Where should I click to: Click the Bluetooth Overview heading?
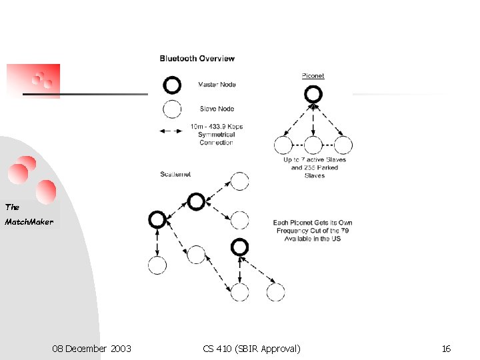[197, 59]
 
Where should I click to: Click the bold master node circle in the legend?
[172, 85]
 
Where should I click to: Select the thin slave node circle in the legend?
[172, 109]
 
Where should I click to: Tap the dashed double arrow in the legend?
[172, 131]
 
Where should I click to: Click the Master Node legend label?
[217, 85]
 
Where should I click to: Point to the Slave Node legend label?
[217, 109]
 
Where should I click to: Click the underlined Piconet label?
[313, 76]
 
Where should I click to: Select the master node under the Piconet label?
[313, 94]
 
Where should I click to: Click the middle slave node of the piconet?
[313, 145]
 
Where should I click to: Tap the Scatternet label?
[175, 174]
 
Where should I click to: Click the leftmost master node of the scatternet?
[157, 219]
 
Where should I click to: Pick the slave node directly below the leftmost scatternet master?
[157, 265]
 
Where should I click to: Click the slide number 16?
[446, 349]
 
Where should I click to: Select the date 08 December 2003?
[91, 349]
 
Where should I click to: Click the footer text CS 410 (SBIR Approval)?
[251, 349]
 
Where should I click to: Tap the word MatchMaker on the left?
[29, 221]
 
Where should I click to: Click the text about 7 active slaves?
[315, 167]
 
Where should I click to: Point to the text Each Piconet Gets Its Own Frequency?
[313, 230]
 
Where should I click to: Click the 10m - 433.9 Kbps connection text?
[217, 134]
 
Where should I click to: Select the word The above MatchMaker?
[13, 207]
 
